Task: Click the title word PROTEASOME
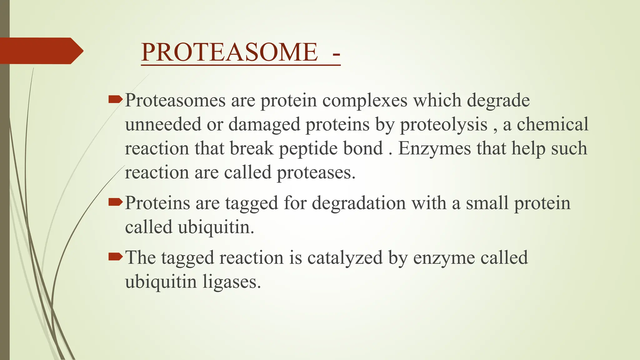pos(229,52)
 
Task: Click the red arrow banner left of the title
pos(41,51)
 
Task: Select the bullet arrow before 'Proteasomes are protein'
pos(115,100)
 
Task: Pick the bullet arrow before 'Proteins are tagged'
pos(115,202)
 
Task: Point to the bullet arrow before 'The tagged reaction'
pos(115,257)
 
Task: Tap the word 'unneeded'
pos(163,124)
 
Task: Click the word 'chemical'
pos(552,124)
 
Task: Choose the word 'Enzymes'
pos(434,149)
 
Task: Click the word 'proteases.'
pos(316,173)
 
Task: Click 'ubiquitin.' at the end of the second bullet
pos(216,227)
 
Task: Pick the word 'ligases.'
pos(232,282)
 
